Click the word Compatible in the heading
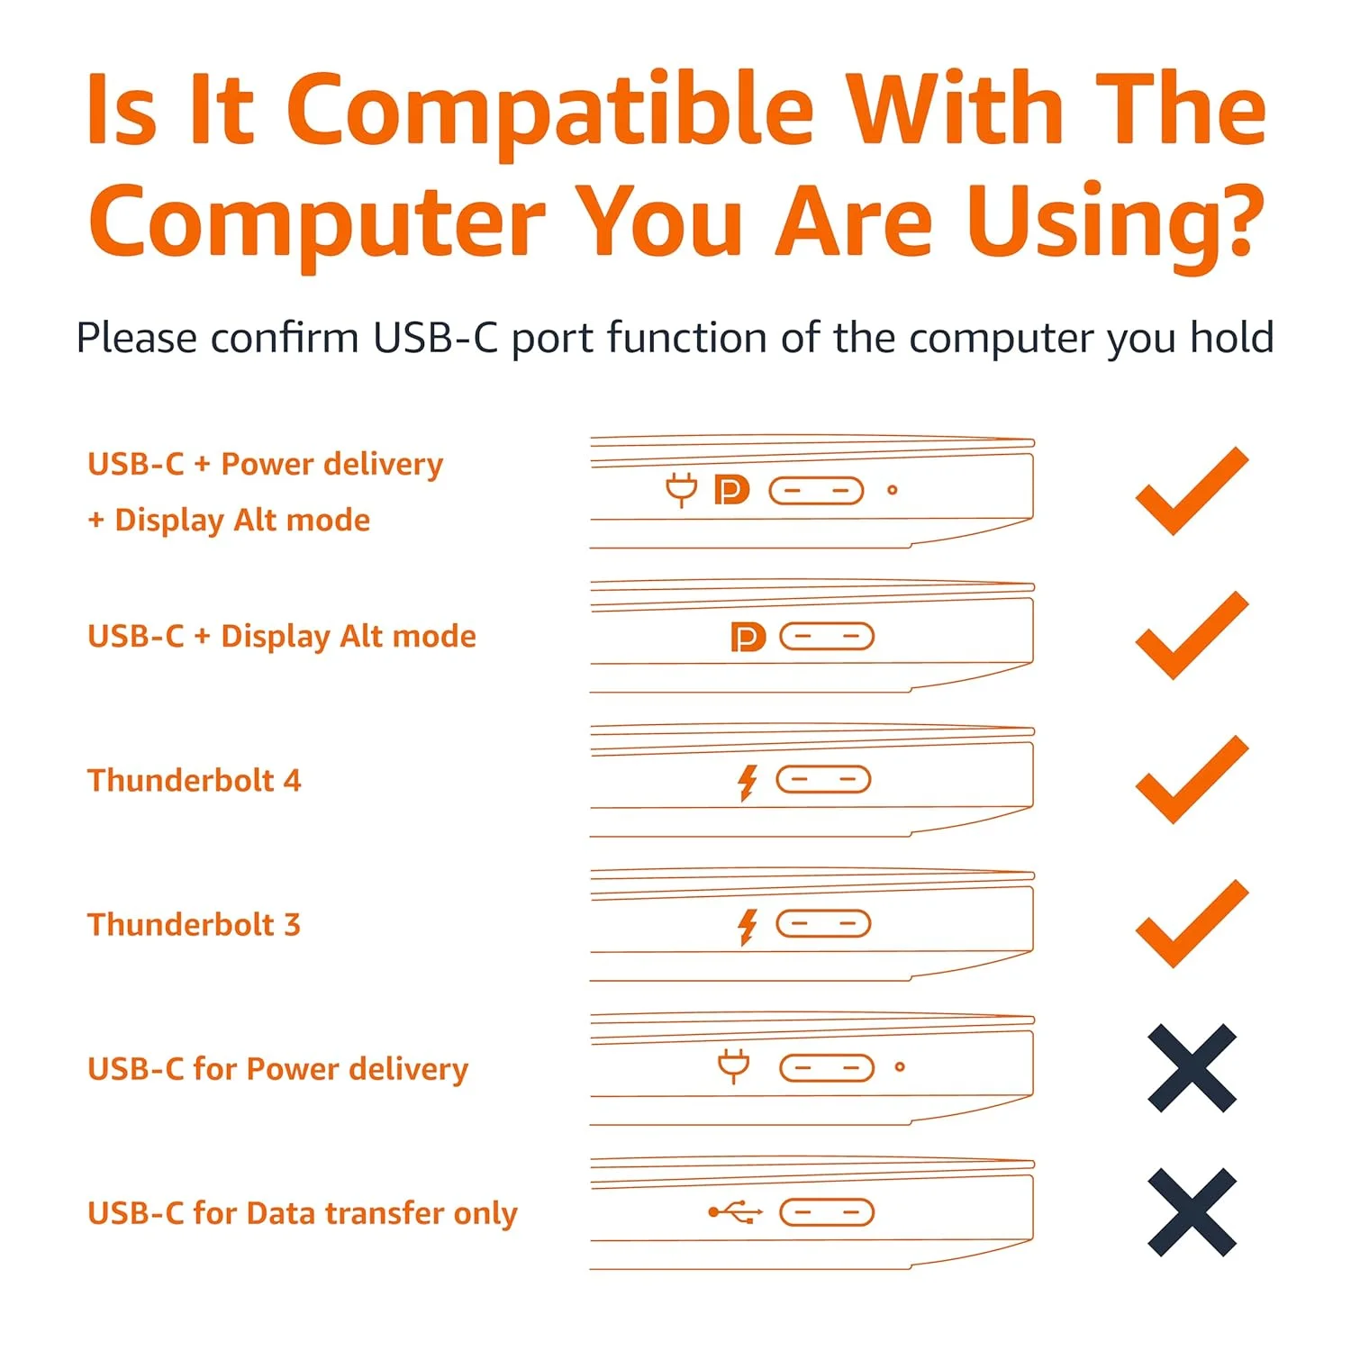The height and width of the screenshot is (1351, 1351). click(550, 110)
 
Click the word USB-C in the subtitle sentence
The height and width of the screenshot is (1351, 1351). click(435, 339)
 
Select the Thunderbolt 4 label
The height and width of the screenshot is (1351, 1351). click(194, 780)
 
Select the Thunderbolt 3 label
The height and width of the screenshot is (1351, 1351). click(194, 924)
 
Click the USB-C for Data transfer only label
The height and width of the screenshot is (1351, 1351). click(302, 1213)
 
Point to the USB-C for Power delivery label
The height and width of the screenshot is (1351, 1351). click(277, 1069)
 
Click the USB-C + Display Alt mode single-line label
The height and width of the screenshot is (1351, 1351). click(281, 636)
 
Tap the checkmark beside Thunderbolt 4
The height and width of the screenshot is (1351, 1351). click(1191, 780)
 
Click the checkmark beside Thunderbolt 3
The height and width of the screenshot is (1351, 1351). click(1191, 924)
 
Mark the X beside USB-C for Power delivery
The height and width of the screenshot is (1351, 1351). click(1192, 1068)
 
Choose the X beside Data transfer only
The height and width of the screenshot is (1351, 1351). click(1192, 1212)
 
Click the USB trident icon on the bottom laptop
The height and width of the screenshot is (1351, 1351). click(735, 1212)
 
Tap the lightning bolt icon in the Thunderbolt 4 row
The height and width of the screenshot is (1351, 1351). click(747, 782)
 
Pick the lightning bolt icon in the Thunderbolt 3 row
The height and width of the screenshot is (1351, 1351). click(747, 926)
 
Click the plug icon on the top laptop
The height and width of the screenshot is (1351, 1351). click(682, 489)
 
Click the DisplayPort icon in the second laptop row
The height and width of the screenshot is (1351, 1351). click(748, 637)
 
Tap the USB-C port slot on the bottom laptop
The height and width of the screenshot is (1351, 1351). click(826, 1212)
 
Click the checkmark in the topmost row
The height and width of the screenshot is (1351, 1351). click(1191, 492)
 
